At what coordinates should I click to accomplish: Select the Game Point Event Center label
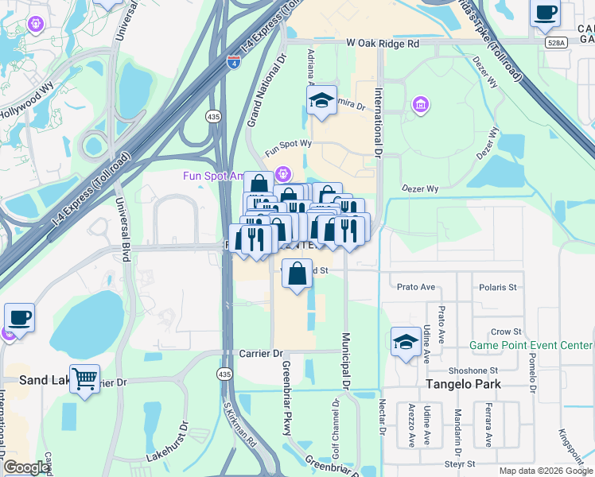pyautogui.click(x=531, y=345)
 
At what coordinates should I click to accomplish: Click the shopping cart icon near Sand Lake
pyautogui.click(x=84, y=379)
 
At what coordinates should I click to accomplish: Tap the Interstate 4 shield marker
pyautogui.click(x=233, y=62)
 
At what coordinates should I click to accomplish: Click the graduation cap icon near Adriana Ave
pyautogui.click(x=321, y=101)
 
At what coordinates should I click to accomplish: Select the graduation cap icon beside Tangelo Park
pyautogui.click(x=406, y=342)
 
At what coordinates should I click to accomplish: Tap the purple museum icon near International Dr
pyautogui.click(x=420, y=105)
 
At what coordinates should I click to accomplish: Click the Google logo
pyautogui.click(x=27, y=467)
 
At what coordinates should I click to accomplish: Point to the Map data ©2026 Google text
pyautogui.click(x=545, y=471)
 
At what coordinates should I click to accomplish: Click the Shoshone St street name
pyautogui.click(x=472, y=370)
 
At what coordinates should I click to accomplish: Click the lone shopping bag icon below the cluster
pyautogui.click(x=297, y=275)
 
